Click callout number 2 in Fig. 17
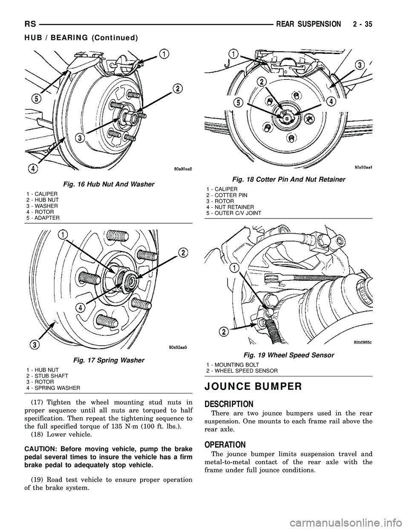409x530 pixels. (183, 253)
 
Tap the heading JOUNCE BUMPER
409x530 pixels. (254, 387)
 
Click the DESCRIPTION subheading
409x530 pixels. (230, 404)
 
